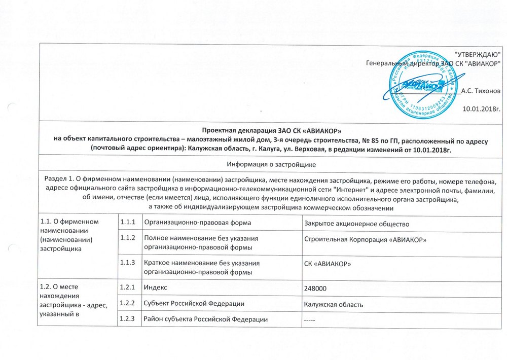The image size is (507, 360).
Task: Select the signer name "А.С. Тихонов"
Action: pyautogui.click(x=481, y=90)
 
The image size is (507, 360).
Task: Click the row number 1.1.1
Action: pyautogui.click(x=128, y=224)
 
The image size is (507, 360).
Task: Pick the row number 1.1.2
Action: pyautogui.click(x=128, y=239)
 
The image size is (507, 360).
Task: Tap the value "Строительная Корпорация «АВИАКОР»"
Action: pyautogui.click(x=363, y=239)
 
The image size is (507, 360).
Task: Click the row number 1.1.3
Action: pyautogui.click(x=128, y=263)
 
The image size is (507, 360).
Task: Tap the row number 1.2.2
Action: pyautogui.click(x=128, y=303)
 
